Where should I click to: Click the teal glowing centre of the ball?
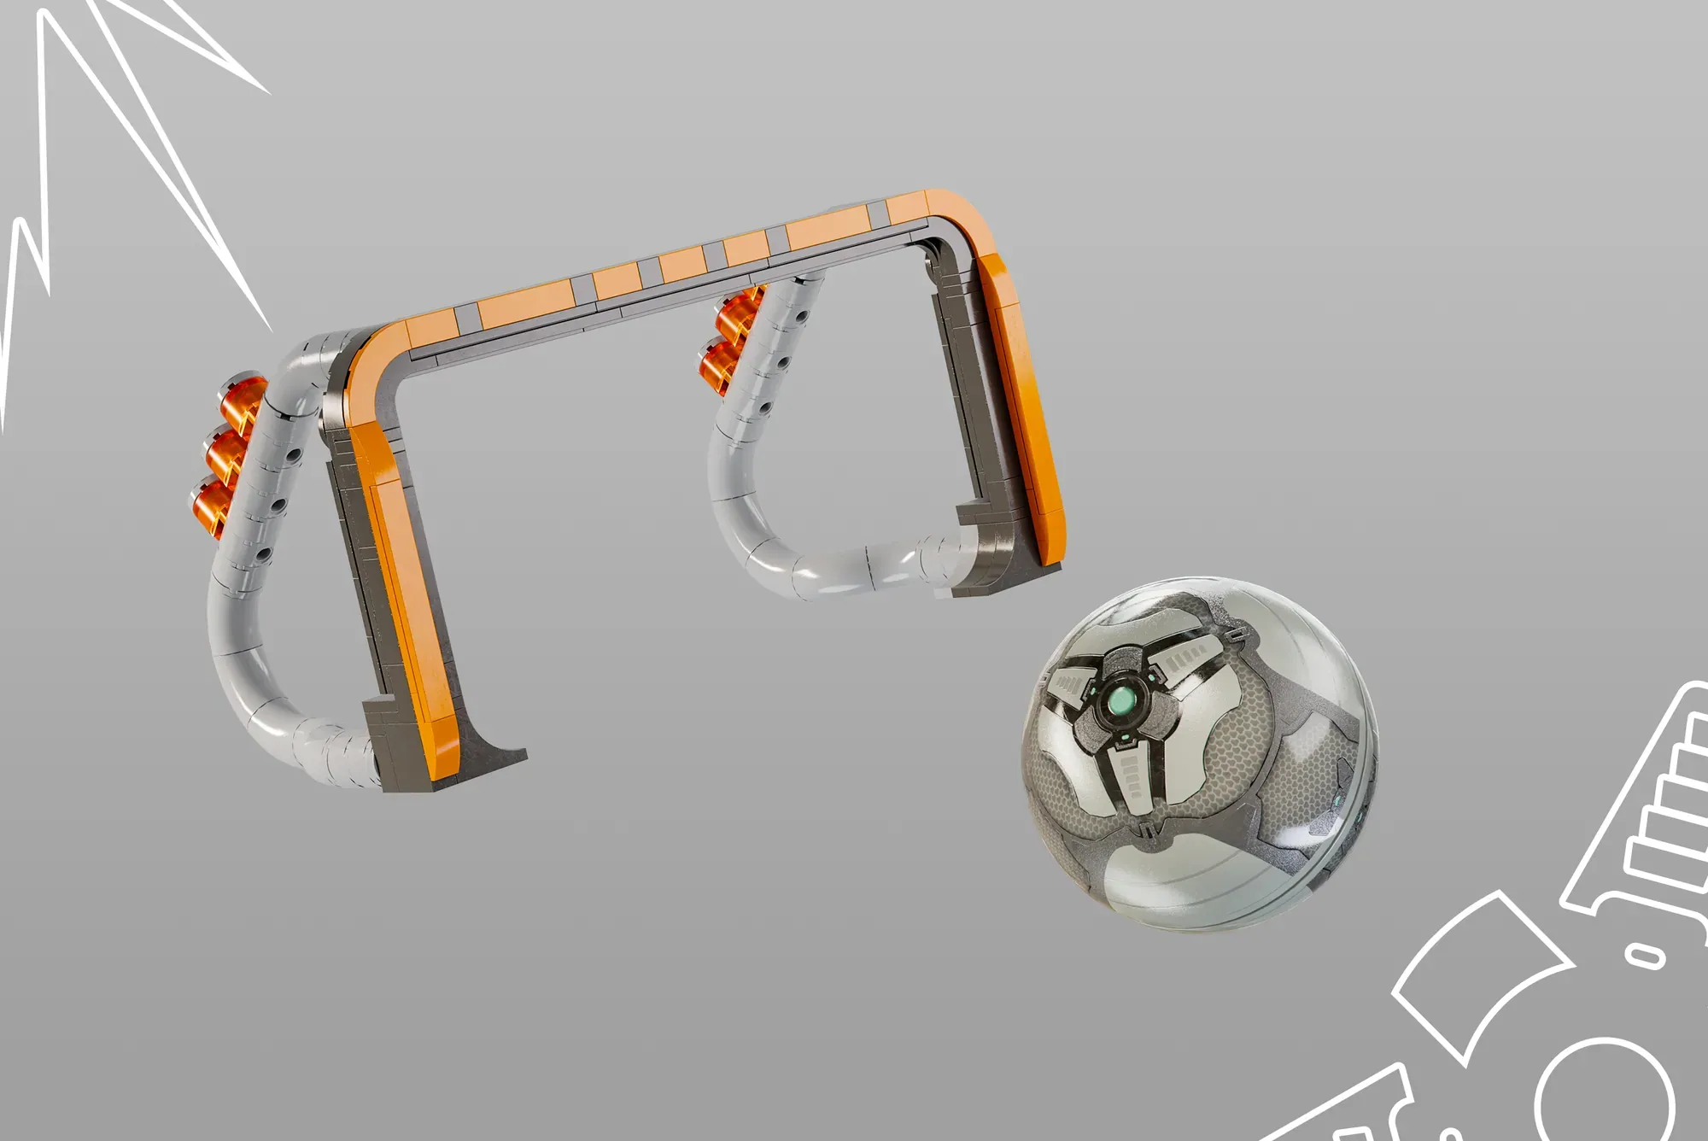click(1120, 702)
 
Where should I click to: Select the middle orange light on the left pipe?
click(224, 448)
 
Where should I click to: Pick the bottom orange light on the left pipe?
click(209, 502)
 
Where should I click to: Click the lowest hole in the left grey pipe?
click(263, 555)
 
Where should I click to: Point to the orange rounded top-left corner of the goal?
click(371, 359)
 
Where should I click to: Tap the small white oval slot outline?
click(1644, 954)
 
